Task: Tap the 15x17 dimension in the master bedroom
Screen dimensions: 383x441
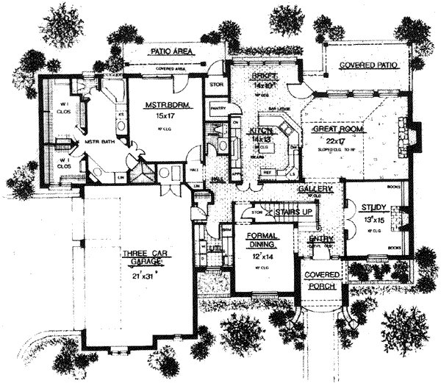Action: pos(166,116)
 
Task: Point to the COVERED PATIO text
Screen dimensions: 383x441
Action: pos(367,65)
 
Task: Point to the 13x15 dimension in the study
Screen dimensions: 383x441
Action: pos(370,219)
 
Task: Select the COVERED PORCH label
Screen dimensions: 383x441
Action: pos(323,280)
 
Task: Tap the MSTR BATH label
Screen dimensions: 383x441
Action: pos(96,140)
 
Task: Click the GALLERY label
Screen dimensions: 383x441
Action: pos(317,189)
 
